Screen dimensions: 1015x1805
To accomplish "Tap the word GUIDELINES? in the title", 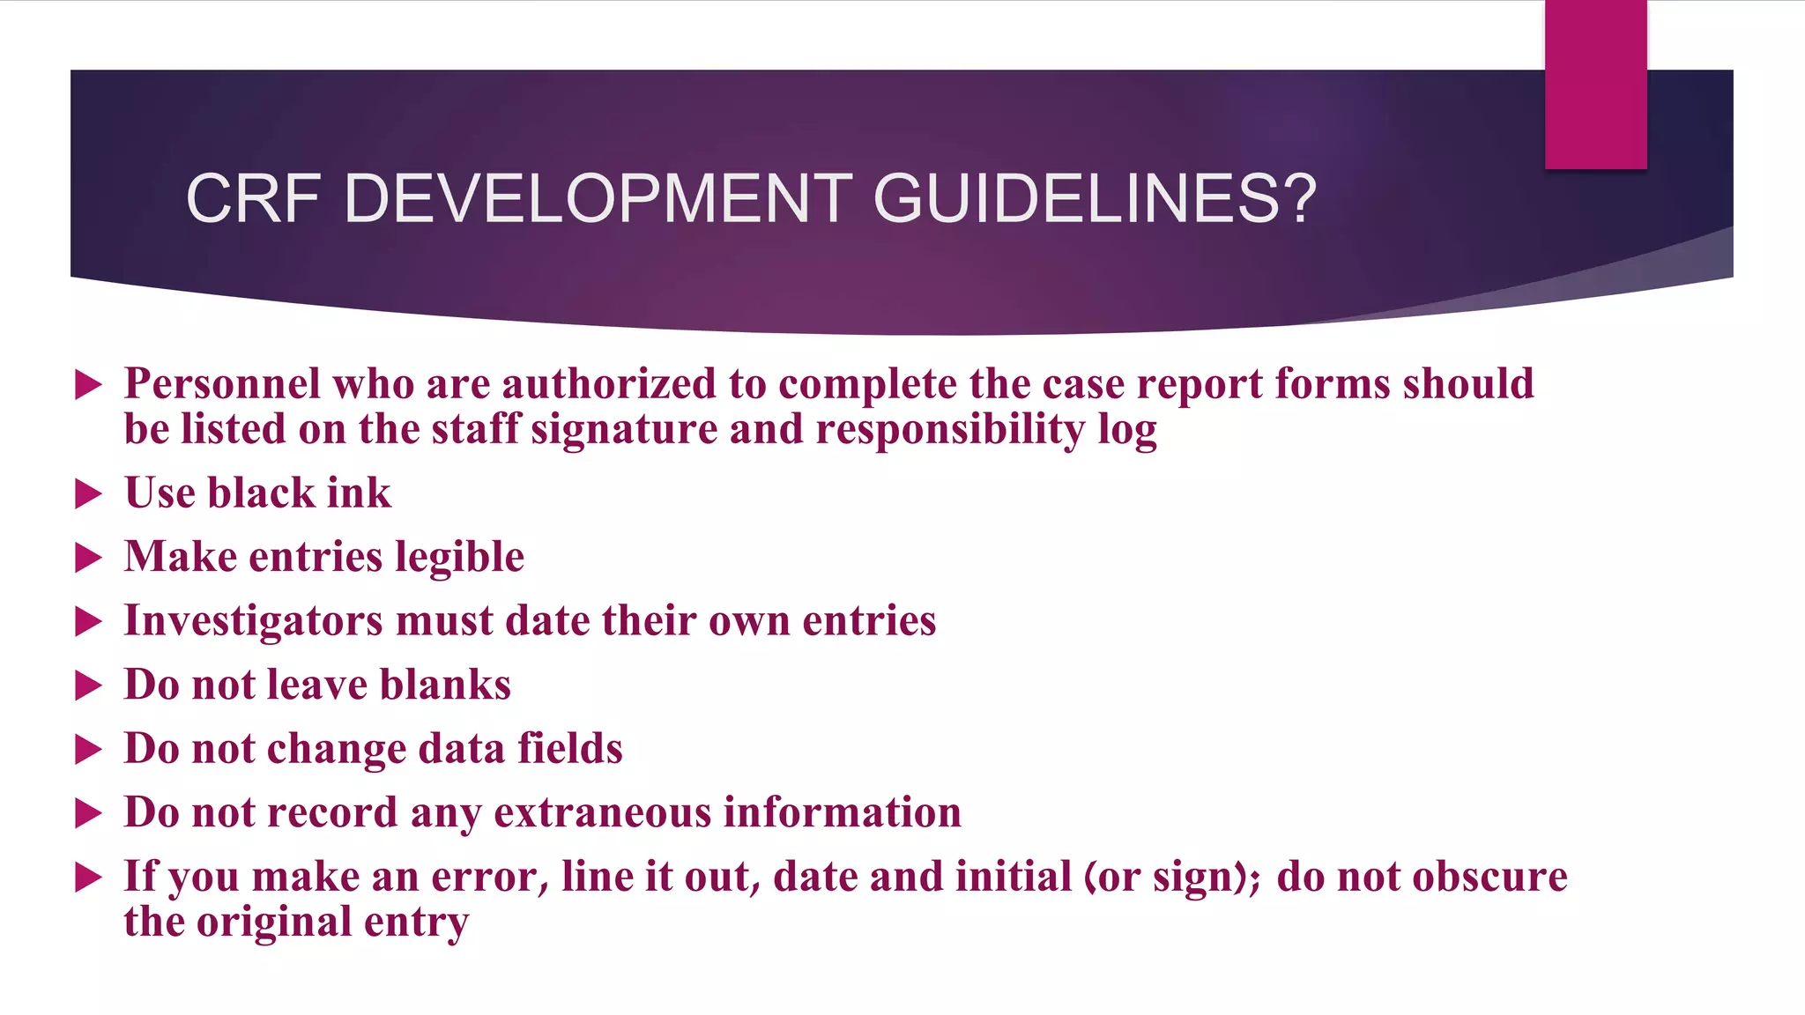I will click(x=1095, y=198).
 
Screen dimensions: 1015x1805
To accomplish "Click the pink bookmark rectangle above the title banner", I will click(x=1595, y=84).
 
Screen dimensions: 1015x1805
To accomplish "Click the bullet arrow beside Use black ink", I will click(x=89, y=493).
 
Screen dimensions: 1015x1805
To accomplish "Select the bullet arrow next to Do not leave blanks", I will click(x=89, y=685).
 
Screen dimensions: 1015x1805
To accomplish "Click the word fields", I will click(x=569, y=749).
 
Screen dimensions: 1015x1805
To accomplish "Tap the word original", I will click(x=274, y=922).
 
